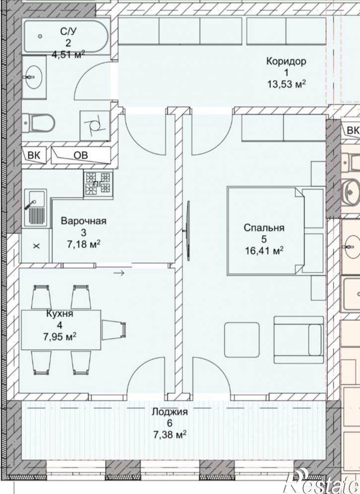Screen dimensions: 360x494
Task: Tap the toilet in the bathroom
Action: pyautogui.click(x=38, y=123)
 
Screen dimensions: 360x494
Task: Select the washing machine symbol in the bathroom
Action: pyautogui.click(x=95, y=126)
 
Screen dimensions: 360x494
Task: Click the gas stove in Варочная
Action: pyautogui.click(x=98, y=184)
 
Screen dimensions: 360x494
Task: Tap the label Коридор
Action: pyautogui.click(x=286, y=61)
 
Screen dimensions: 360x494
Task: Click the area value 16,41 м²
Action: pyautogui.click(x=264, y=251)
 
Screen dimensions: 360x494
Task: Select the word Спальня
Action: pyautogui.click(x=264, y=228)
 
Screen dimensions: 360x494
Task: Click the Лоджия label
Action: pyautogui.click(x=170, y=412)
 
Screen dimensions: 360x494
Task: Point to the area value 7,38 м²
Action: pyautogui.click(x=170, y=435)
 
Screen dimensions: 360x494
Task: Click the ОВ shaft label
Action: pyautogui.click(x=80, y=155)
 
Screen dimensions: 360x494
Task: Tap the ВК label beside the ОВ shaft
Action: pyautogui.click(x=34, y=155)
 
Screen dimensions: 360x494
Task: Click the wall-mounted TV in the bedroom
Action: pyautogui.click(x=188, y=231)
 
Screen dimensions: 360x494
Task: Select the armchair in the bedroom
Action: pyautogui.click(x=298, y=340)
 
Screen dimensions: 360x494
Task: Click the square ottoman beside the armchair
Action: pyautogui.click(x=242, y=339)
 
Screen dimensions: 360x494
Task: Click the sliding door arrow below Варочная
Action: pyautogui.click(x=119, y=273)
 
